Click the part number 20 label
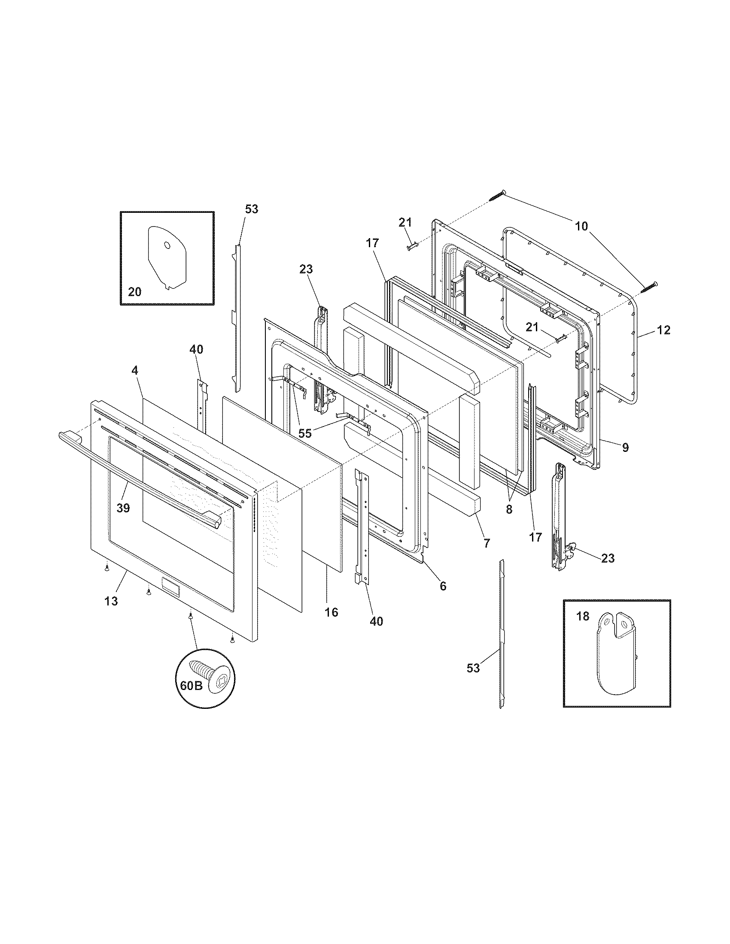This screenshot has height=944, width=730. click(x=134, y=292)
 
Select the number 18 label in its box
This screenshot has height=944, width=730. click(x=583, y=616)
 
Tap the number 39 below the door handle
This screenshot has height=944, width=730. click(x=123, y=508)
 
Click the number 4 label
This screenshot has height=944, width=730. click(x=135, y=370)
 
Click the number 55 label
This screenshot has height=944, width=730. click(x=305, y=433)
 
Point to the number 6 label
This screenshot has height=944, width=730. click(x=443, y=586)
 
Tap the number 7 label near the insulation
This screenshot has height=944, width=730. click(x=487, y=544)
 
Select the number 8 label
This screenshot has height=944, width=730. click(x=509, y=510)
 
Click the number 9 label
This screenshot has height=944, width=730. click(x=626, y=448)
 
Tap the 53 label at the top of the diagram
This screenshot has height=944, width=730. click(x=252, y=209)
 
